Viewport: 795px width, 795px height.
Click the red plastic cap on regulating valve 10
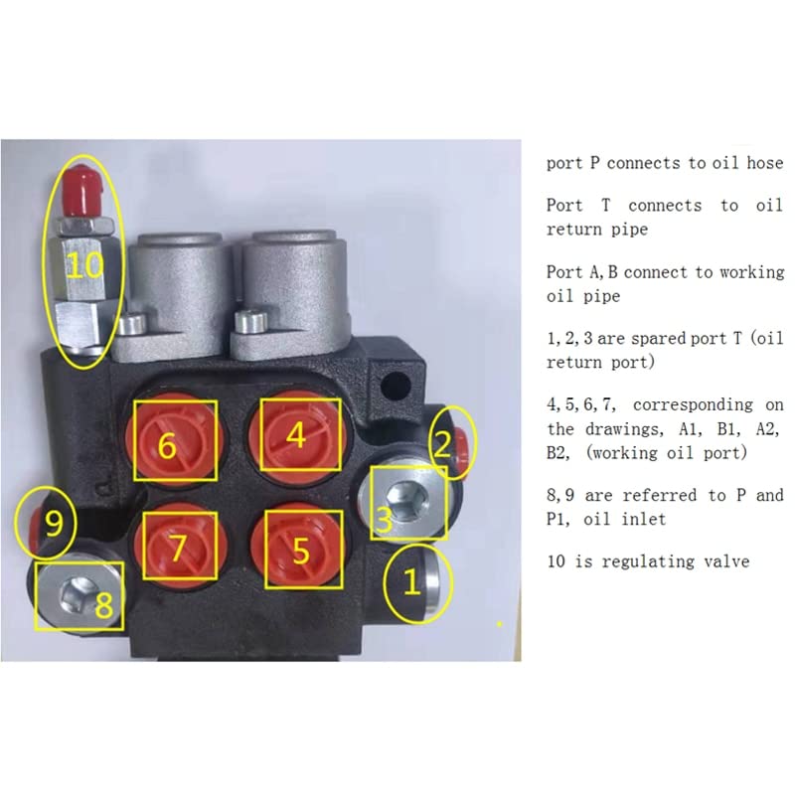point(81,190)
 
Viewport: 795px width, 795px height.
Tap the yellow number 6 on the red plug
point(167,445)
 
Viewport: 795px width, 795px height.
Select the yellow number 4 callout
point(296,435)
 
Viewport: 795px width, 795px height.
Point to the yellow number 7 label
point(178,548)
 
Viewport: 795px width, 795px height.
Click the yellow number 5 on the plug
point(301,551)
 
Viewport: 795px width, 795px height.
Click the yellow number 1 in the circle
point(411,581)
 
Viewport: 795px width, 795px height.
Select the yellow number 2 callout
point(443,444)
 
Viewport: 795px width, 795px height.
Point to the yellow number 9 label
point(55,524)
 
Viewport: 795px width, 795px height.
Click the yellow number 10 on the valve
point(84,264)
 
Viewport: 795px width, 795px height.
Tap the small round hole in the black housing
point(395,386)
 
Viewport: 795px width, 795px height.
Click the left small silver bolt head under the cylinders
point(132,324)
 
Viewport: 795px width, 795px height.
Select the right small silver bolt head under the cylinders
point(250,321)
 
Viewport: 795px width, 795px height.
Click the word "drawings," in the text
point(624,429)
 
